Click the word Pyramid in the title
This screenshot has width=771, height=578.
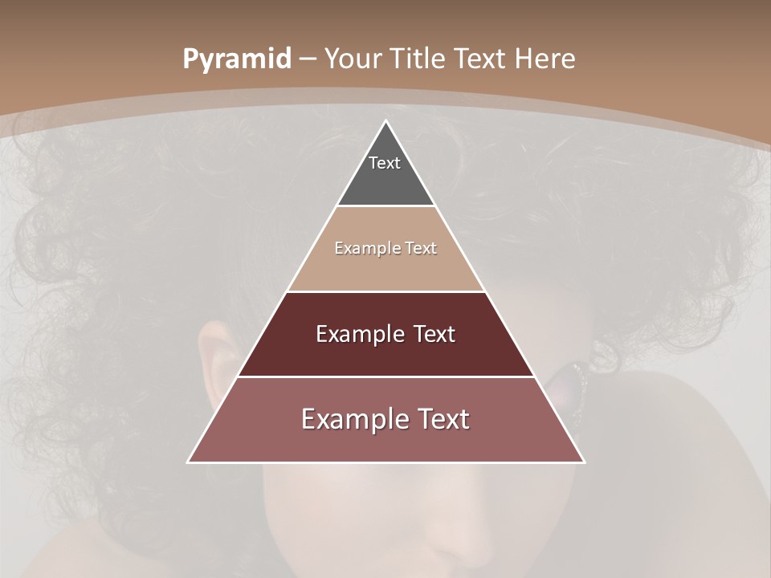click(x=236, y=59)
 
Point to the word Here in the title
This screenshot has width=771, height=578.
click(x=545, y=59)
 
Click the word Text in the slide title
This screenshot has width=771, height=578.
click(x=480, y=59)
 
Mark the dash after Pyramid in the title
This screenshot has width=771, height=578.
click(x=307, y=59)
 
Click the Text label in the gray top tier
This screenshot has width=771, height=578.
click(x=385, y=163)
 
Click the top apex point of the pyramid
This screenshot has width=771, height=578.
click(x=385, y=121)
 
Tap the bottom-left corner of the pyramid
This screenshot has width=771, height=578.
click(x=189, y=462)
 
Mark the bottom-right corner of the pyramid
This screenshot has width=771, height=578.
click(x=583, y=462)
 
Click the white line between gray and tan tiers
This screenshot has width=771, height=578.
click(x=385, y=206)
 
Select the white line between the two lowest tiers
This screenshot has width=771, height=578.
click(x=385, y=377)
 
